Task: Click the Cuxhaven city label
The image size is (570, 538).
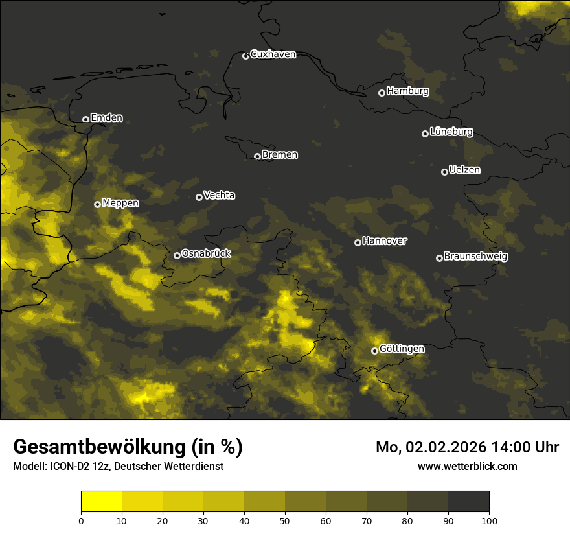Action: coord(273,54)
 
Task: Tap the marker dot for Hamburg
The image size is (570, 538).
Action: coord(382,93)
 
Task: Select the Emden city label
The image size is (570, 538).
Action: coord(106,118)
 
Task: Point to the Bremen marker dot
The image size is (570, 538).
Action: coord(257,156)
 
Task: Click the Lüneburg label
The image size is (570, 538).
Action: coord(451,132)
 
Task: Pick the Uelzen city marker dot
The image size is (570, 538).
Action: coord(444,172)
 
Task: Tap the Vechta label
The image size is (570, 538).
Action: coord(219,195)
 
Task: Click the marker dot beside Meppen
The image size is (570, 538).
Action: coord(97,204)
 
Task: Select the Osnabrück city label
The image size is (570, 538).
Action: coord(206,253)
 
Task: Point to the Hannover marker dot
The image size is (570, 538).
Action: coord(358,242)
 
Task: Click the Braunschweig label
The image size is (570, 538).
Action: coord(475,256)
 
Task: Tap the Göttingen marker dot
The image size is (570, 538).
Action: coord(374,351)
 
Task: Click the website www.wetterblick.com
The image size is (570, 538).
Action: coord(467,466)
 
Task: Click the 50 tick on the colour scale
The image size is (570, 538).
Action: coord(285,520)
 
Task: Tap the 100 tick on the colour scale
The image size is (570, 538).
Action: coord(489,520)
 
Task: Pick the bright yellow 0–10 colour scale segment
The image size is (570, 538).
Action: coord(102,502)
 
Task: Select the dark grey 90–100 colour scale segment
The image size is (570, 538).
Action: coord(468,502)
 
